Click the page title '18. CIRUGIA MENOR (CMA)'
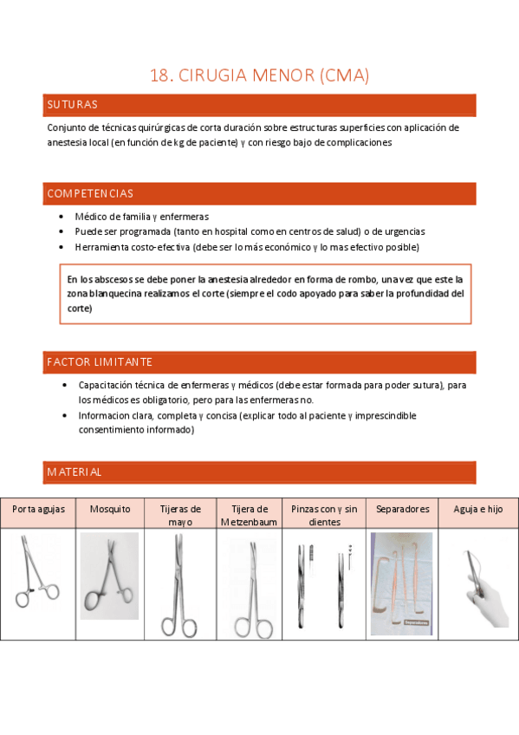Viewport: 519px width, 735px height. click(260, 75)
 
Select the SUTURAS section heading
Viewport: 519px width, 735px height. click(72, 105)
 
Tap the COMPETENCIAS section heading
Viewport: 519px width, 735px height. click(90, 193)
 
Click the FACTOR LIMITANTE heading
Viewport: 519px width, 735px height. click(100, 361)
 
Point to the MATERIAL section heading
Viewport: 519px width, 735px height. click(75, 472)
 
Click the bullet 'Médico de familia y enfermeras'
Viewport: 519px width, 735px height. click(141, 217)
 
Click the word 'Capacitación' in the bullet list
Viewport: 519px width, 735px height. click(107, 384)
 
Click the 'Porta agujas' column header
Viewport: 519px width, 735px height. click(38, 510)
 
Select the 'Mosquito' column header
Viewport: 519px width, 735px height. click(110, 510)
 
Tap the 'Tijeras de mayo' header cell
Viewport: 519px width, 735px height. click(179, 516)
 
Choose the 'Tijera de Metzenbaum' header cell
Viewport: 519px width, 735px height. click(250, 516)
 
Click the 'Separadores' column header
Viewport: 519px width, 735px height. click(402, 510)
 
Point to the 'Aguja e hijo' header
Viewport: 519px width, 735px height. click(477, 510)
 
